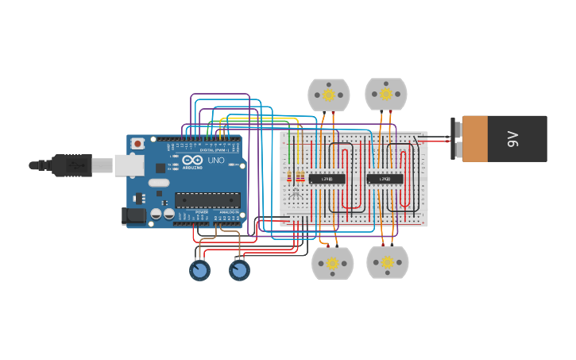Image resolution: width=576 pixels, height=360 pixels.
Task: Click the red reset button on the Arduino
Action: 137,144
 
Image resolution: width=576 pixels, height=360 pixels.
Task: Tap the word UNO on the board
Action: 216,160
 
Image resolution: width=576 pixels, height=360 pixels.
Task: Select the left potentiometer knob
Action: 199,270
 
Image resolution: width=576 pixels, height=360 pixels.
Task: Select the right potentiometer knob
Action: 239,270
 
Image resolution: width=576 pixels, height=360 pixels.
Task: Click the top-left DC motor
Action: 328,95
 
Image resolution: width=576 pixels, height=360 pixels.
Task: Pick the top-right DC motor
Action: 386,94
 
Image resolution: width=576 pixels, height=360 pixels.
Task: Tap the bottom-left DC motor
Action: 332,263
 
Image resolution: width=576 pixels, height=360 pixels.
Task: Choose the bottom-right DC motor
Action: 388,262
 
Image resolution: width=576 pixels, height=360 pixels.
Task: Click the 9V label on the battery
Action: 513,139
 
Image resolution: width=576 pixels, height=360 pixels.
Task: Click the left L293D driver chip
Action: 327,179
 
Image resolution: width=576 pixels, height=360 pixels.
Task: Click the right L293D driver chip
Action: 385,179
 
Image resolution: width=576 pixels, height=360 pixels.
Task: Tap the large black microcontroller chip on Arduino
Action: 207,200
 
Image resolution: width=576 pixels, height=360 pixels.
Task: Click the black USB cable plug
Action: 72,165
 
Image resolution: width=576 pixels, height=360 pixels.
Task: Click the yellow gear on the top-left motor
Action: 328,95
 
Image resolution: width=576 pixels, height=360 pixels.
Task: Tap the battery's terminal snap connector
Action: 456,139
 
